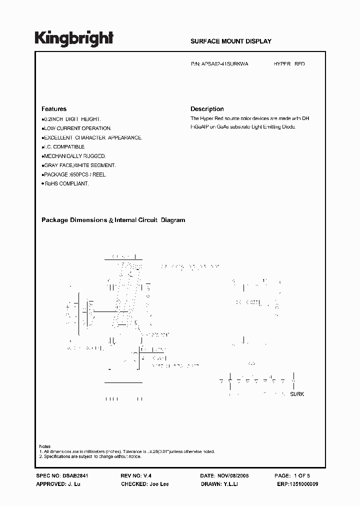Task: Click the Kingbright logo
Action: tap(74, 38)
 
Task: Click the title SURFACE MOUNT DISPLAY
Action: tap(231, 41)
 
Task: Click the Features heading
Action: tap(53, 109)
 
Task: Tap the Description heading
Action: tap(207, 109)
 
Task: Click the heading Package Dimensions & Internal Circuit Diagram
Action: tap(113, 220)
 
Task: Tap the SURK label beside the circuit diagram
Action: tap(297, 394)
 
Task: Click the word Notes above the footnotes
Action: tap(44, 446)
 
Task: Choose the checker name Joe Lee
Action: tap(158, 484)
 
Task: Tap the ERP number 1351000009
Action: tap(302, 484)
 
